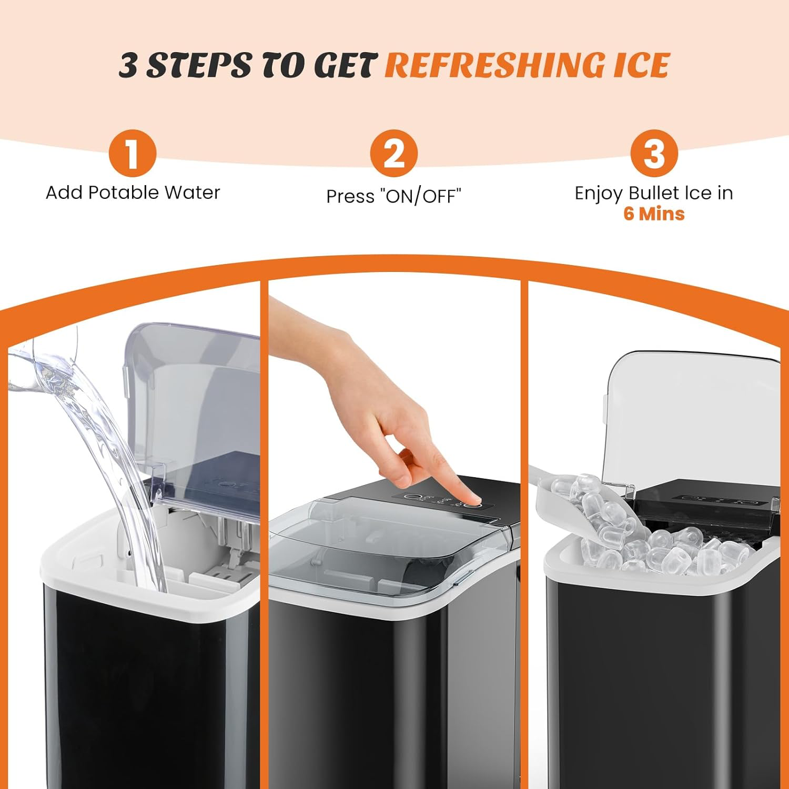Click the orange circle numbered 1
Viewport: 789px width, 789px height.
[x=133, y=153]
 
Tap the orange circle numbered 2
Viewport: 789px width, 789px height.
[x=393, y=153]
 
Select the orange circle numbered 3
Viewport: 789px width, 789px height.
[x=654, y=153]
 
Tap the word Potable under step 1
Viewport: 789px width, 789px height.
[x=123, y=193]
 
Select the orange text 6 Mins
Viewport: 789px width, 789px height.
[x=654, y=214]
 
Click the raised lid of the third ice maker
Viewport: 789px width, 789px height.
[x=692, y=421]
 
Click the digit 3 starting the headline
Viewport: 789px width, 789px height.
[x=129, y=65]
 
